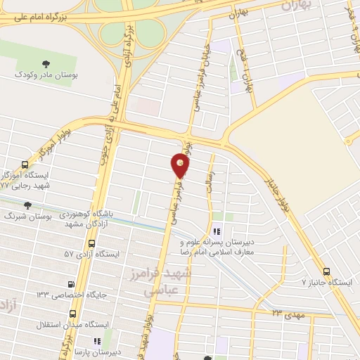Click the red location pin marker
[181, 165]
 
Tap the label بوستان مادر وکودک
[47, 74]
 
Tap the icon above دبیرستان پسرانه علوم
[217, 231]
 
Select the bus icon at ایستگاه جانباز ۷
[326, 271]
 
